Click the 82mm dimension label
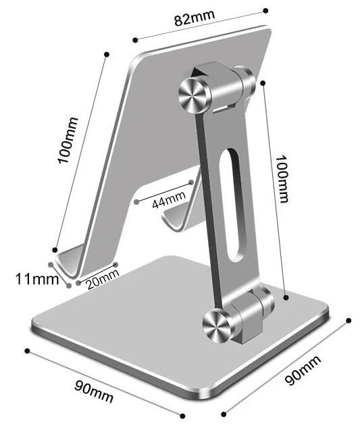190,18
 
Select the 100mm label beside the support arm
281,177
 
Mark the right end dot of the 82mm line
265,10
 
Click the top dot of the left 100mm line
107,53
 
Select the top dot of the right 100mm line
263,82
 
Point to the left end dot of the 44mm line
136,201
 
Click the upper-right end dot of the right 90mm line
349,320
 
